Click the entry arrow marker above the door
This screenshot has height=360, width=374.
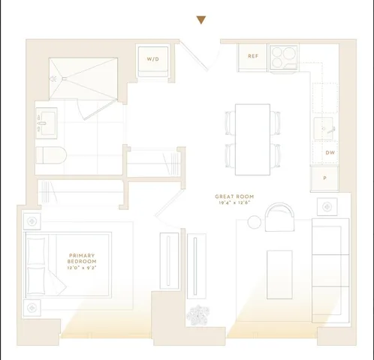[201, 20]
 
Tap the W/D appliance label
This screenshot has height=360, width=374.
[152, 58]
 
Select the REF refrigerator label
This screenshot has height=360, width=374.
[253, 56]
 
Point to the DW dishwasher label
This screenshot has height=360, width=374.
[330, 153]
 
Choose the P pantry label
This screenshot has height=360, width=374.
[325, 178]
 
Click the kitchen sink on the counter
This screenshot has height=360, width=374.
[326, 128]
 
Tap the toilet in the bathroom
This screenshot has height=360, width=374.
[53, 155]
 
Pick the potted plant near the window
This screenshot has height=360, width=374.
[200, 316]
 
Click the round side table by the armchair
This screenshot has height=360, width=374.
[254, 222]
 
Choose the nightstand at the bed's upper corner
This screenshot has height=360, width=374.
[33, 221]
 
